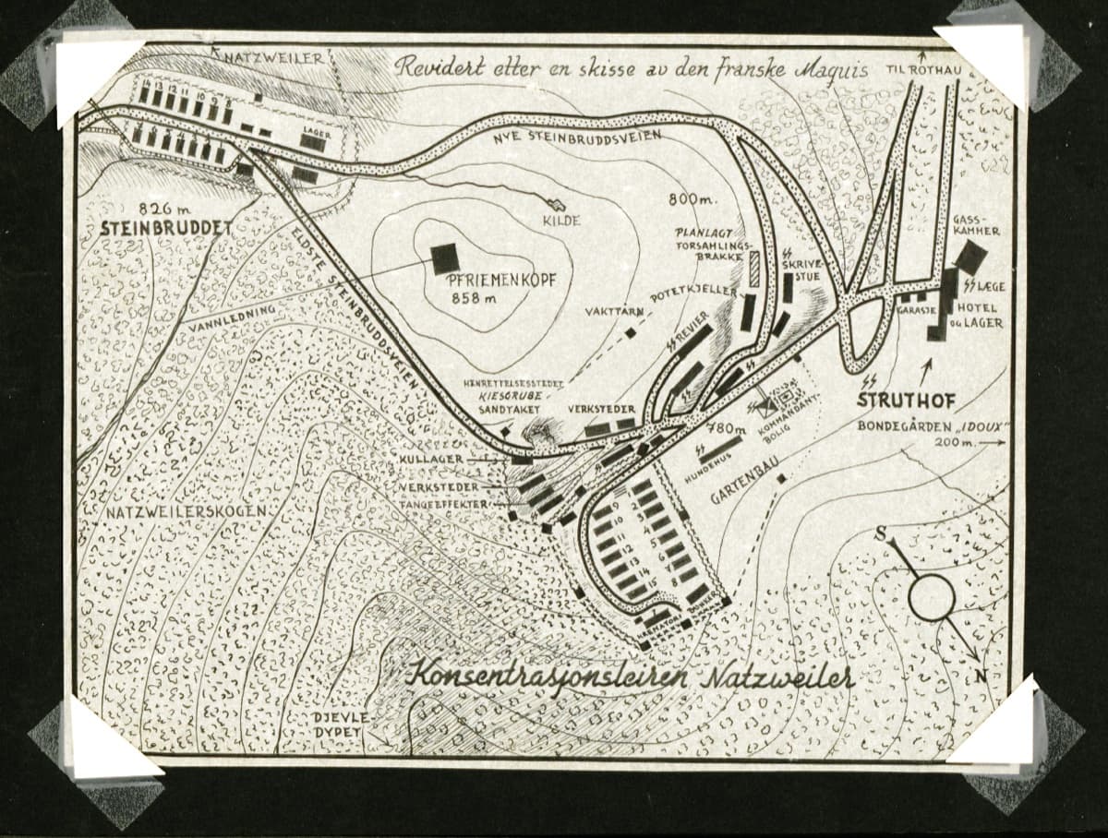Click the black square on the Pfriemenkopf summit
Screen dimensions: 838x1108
point(445,257)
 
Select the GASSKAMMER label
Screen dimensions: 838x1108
point(979,224)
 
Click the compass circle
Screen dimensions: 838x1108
point(931,597)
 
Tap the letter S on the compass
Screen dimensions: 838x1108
point(882,533)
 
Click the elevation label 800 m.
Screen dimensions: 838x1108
point(692,200)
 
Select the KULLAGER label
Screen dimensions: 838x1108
point(432,459)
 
